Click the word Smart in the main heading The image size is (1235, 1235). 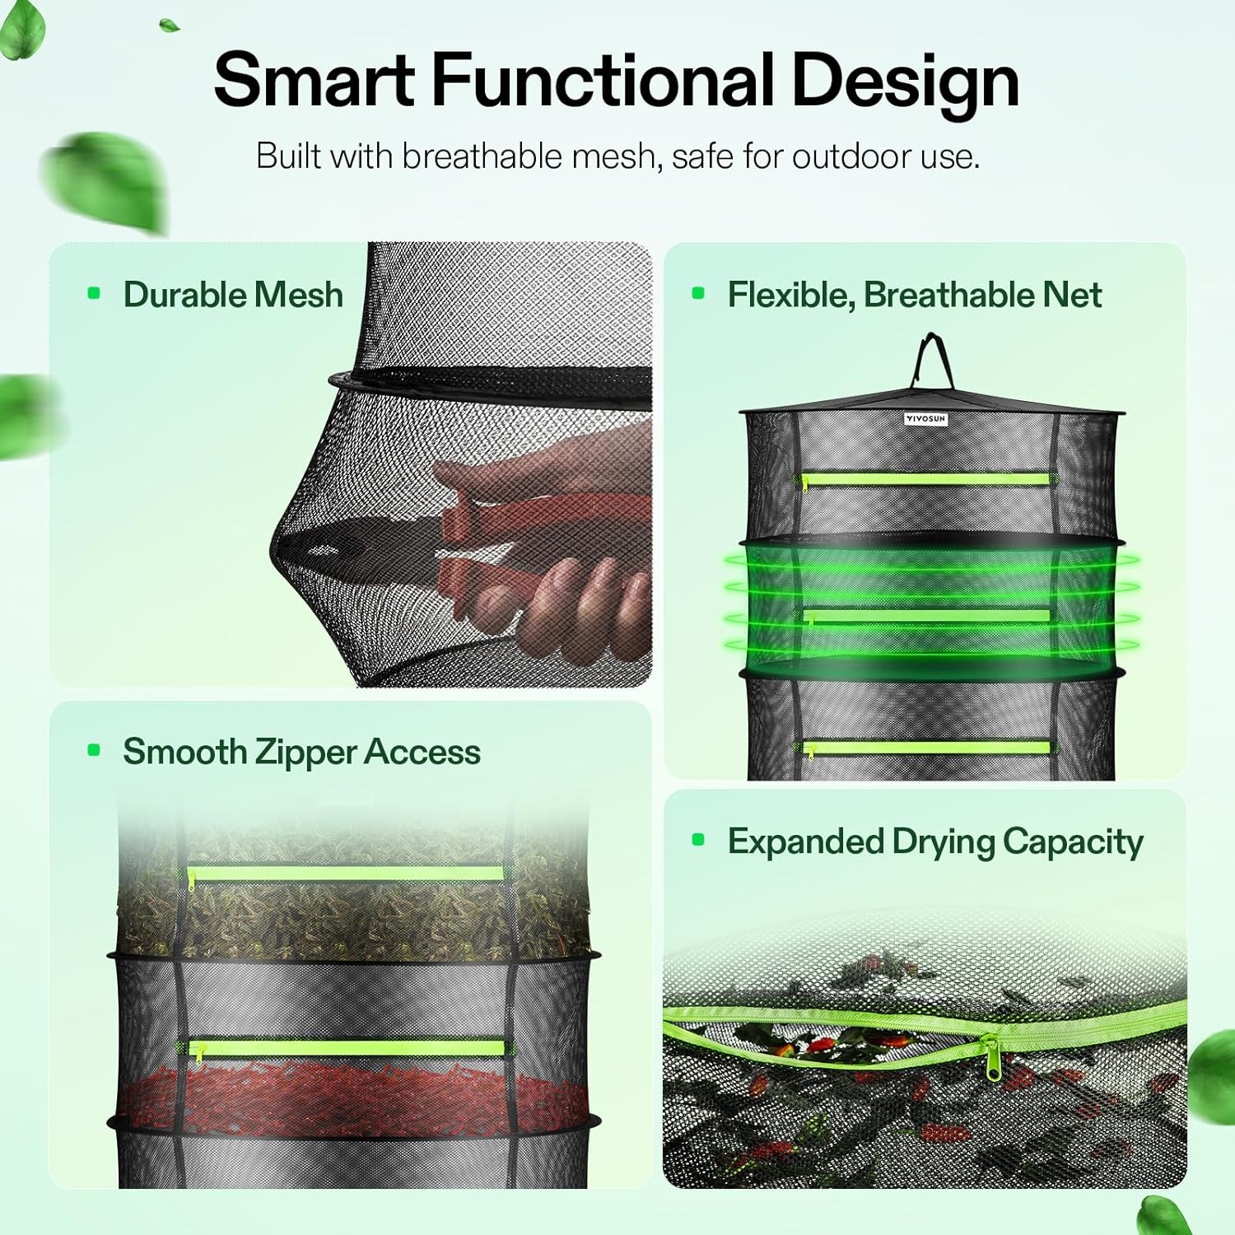(315, 80)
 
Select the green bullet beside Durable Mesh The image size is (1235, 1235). (94, 293)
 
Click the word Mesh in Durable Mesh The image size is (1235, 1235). (298, 295)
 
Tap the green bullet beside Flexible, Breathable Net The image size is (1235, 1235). (699, 293)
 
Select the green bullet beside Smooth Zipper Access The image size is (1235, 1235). (94, 750)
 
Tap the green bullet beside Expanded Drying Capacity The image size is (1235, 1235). (699, 840)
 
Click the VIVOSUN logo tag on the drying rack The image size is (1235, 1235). (925, 419)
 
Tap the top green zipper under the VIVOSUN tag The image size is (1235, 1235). (926, 478)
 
